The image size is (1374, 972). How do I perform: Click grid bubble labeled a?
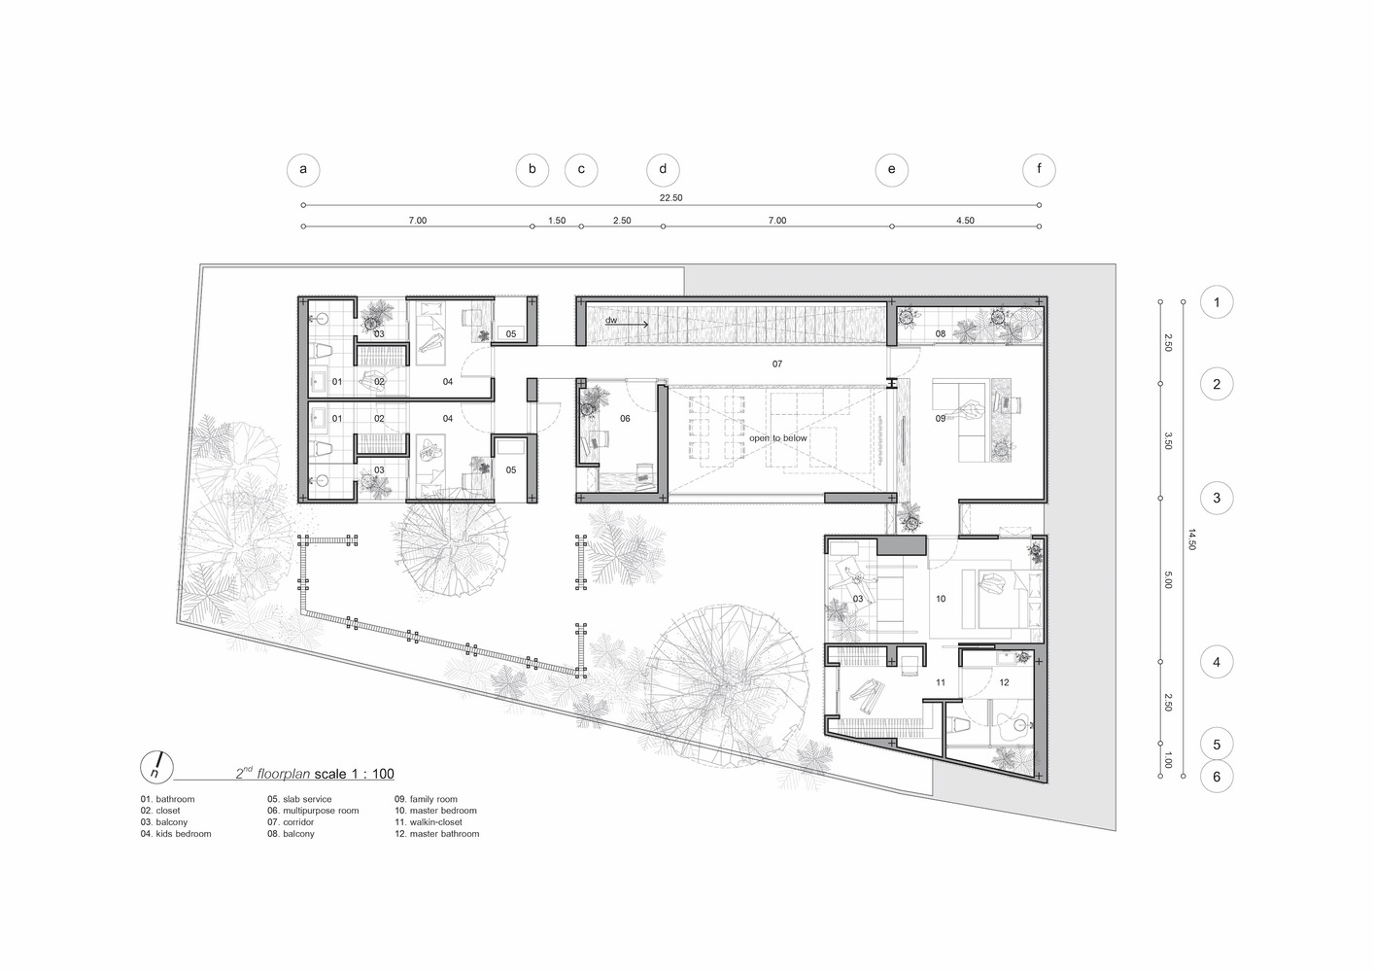(x=303, y=170)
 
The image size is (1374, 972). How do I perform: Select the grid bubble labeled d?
(x=663, y=170)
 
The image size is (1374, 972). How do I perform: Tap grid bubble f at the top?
(x=1039, y=170)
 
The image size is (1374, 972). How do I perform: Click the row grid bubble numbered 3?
(x=1216, y=500)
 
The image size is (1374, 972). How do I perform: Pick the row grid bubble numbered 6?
(x=1216, y=777)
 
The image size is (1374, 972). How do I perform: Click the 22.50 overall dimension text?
(x=670, y=198)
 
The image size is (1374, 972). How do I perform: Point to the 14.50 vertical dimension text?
(x=1192, y=539)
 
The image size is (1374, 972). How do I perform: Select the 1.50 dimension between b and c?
(x=557, y=221)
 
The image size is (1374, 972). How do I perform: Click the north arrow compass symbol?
(x=156, y=766)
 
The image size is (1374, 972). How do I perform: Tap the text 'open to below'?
(x=777, y=438)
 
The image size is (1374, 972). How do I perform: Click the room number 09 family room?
(x=941, y=419)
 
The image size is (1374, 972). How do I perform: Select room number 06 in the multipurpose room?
(x=625, y=419)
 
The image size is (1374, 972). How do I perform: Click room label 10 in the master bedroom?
(x=941, y=600)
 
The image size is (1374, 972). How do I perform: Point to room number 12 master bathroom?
(x=1004, y=682)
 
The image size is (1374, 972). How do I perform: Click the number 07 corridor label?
(x=777, y=364)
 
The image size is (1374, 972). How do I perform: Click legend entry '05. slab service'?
(x=299, y=799)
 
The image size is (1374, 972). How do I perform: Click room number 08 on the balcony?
(x=941, y=334)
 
